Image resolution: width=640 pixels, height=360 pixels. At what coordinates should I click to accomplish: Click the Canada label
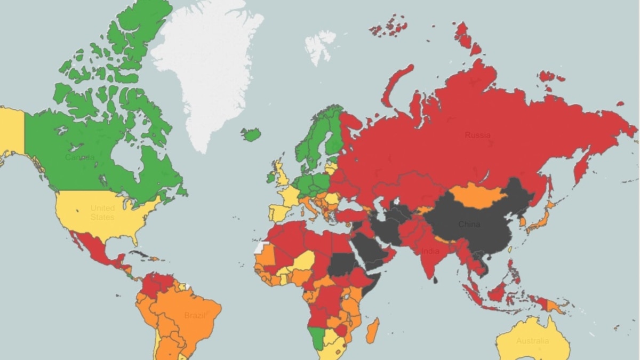pyautogui.click(x=79, y=157)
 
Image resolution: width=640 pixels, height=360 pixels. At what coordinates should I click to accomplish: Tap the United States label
pyautogui.click(x=102, y=212)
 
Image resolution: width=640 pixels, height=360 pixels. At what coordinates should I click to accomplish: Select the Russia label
pyautogui.click(x=477, y=135)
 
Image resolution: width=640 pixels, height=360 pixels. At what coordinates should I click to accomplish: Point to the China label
pyautogui.click(x=469, y=224)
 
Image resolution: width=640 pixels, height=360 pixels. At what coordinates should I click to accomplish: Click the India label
pyautogui.click(x=430, y=251)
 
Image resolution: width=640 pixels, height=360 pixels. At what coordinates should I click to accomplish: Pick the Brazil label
pyautogui.click(x=195, y=315)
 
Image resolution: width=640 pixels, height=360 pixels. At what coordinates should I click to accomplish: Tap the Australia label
pyautogui.click(x=532, y=341)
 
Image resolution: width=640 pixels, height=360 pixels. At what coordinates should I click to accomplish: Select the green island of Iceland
pyautogui.click(x=251, y=134)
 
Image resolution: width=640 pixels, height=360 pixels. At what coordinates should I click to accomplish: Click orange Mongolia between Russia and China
pyautogui.click(x=477, y=197)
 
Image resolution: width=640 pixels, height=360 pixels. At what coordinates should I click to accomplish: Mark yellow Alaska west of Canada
pyautogui.click(x=12, y=131)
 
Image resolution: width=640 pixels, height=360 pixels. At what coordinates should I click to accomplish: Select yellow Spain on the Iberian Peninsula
pyautogui.click(x=278, y=213)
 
